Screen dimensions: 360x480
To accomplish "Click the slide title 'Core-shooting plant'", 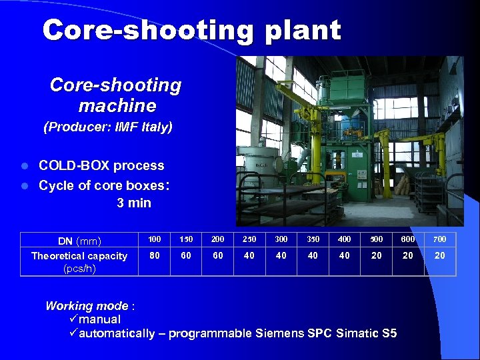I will (x=191, y=30).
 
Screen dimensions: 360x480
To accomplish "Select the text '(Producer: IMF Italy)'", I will (x=107, y=127).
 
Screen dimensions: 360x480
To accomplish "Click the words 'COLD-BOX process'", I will (x=101, y=165).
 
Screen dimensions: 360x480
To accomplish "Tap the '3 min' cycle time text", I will (x=134, y=203).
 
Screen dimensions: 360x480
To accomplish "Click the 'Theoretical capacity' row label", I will (x=79, y=256).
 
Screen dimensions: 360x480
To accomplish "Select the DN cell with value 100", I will (x=154, y=239).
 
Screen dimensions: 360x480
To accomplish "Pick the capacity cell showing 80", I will (x=154, y=255).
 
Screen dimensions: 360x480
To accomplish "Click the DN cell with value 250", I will (x=249, y=239).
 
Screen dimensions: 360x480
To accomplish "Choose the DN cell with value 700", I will (x=440, y=239).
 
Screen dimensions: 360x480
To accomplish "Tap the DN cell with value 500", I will (x=376, y=239).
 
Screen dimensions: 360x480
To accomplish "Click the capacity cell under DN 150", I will (x=186, y=255).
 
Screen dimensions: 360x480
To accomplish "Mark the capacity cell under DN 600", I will (x=408, y=255).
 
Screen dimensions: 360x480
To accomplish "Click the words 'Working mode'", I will (x=87, y=306).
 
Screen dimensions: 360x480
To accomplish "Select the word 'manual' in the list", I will (x=99, y=319).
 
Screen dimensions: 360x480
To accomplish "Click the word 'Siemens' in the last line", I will (x=277, y=333).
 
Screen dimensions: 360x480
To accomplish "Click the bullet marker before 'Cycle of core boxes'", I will (x=25, y=185).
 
